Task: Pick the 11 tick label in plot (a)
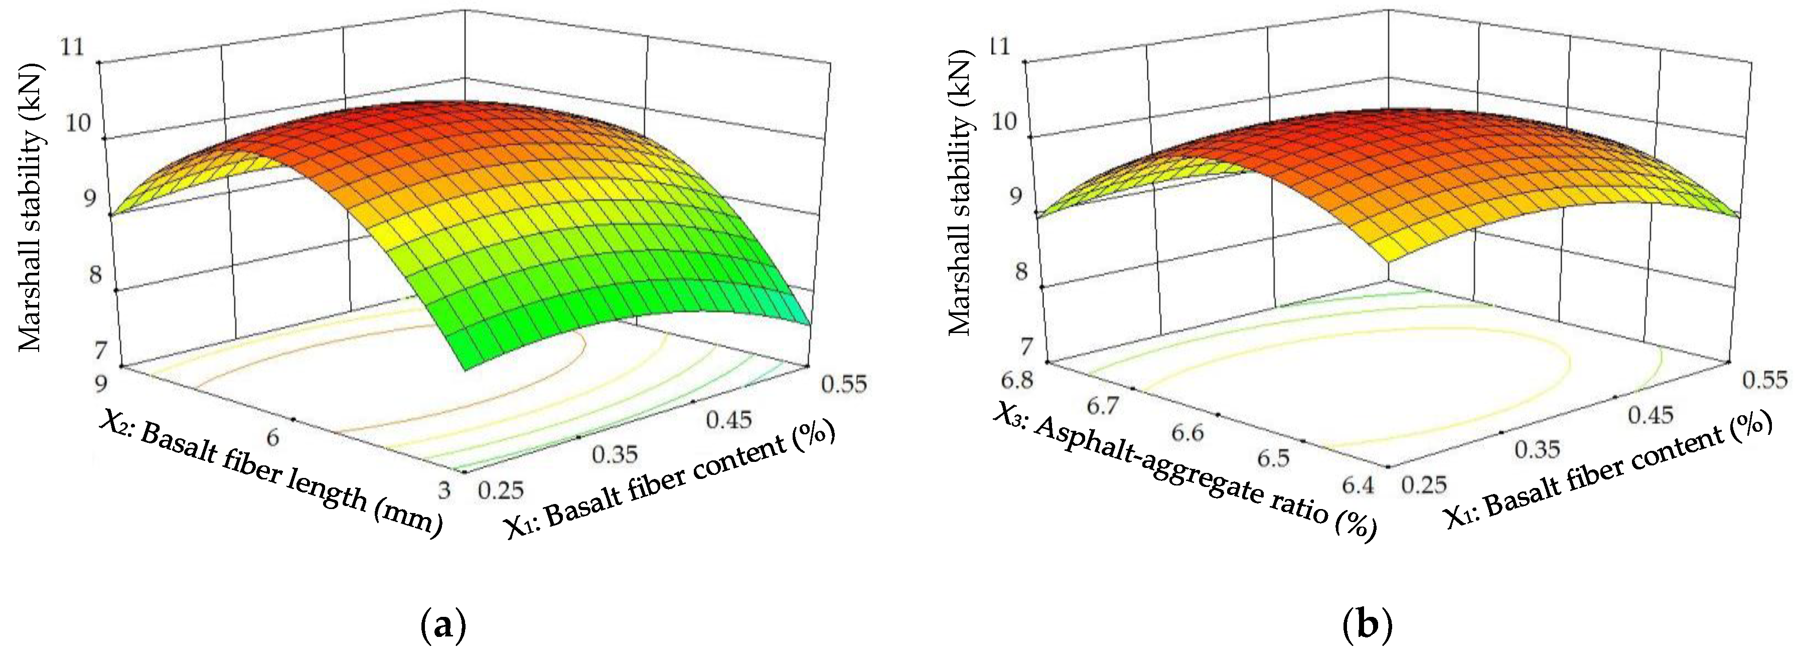pyautogui.click(x=72, y=48)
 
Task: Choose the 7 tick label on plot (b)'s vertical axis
pyautogui.click(x=1026, y=346)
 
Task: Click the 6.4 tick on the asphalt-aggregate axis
pyautogui.click(x=1357, y=484)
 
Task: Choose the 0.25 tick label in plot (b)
pyautogui.click(x=1424, y=484)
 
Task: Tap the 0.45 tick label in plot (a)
pyautogui.click(x=729, y=419)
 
